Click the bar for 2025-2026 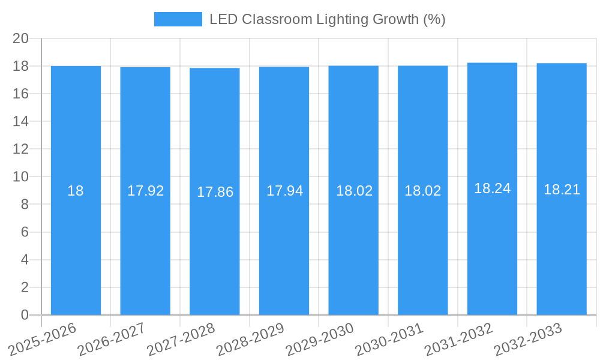[76, 190]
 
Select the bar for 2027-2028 [215, 191]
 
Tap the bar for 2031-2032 [492, 188]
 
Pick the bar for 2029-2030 [353, 190]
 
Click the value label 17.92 [145, 191]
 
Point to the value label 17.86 [215, 192]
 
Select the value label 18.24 [492, 188]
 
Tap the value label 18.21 [562, 190]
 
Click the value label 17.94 [284, 191]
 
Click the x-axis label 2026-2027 [111, 339]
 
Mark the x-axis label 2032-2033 [527, 339]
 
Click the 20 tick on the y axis [21, 38]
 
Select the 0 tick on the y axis [25, 315]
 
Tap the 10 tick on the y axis [21, 177]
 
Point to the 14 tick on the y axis [21, 122]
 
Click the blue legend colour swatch [178, 19]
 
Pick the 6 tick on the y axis [25, 232]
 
